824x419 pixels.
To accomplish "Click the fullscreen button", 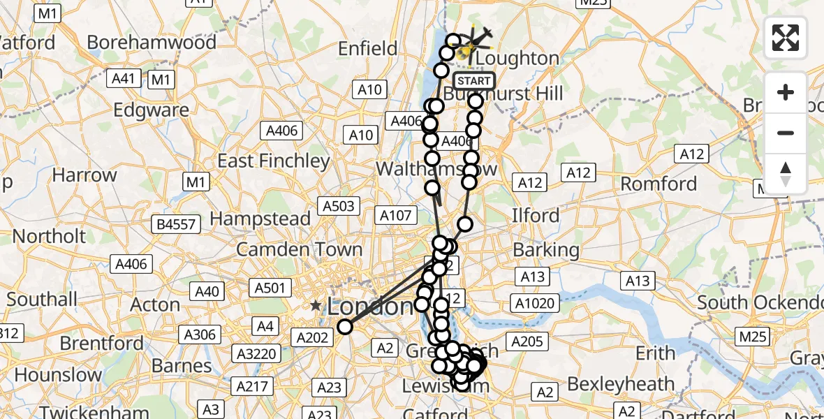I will [x=786, y=37].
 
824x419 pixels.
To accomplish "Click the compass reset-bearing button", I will [x=786, y=174].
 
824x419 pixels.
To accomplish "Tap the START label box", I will [x=474, y=80].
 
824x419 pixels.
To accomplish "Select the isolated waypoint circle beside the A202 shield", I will [x=345, y=327].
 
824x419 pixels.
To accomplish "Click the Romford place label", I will [x=659, y=184].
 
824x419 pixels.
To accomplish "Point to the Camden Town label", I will [x=299, y=249].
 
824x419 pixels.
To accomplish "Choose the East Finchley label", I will [x=273, y=161].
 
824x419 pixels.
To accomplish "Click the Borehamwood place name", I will [x=152, y=42].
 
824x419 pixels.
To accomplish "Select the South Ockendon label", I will [x=760, y=302].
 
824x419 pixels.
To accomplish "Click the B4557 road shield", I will [x=178, y=223].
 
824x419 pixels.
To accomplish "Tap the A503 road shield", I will [x=338, y=206].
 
